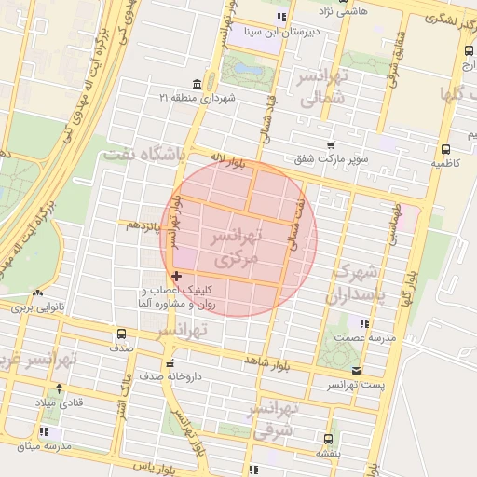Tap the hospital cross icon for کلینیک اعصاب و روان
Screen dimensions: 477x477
click(x=177, y=276)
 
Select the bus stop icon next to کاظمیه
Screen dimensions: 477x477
click(x=445, y=149)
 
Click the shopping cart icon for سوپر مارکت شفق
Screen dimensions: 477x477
click(x=331, y=144)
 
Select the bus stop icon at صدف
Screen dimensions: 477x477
click(x=121, y=334)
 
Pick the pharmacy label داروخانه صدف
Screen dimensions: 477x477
click(x=204, y=377)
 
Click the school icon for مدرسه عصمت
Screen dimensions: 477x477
click(x=365, y=323)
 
